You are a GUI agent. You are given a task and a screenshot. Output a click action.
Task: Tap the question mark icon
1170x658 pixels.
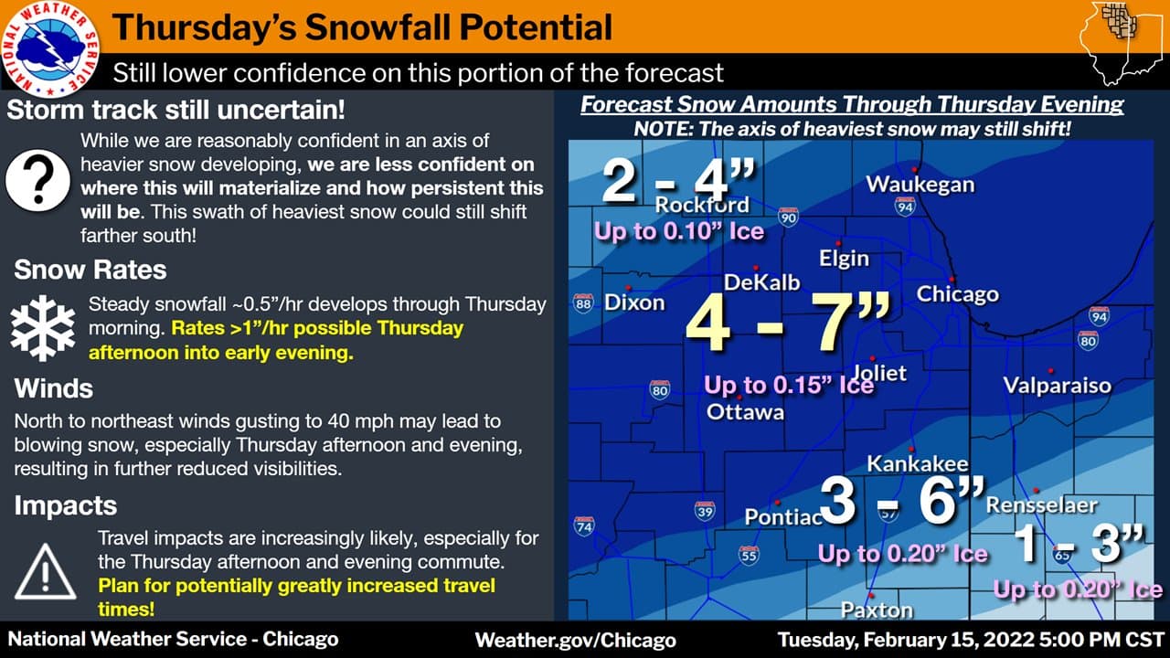pyautogui.click(x=37, y=178)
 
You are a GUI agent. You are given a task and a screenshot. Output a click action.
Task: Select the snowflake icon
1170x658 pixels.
pyautogui.click(x=43, y=327)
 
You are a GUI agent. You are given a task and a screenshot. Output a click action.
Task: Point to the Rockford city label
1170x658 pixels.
pyautogui.click(x=701, y=204)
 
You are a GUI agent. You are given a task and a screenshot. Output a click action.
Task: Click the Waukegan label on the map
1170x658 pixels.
pyautogui.click(x=920, y=184)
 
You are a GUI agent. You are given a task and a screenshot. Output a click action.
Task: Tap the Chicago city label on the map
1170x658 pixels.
pyautogui.click(x=957, y=294)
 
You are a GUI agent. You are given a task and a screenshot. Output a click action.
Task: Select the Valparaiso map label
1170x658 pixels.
pyautogui.click(x=1057, y=385)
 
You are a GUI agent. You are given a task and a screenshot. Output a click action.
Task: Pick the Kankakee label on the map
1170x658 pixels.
pyautogui.click(x=917, y=463)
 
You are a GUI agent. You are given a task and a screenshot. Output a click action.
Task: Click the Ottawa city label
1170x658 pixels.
pyautogui.click(x=745, y=412)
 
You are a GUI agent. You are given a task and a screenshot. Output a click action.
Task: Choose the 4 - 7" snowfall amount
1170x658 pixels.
pyautogui.click(x=787, y=324)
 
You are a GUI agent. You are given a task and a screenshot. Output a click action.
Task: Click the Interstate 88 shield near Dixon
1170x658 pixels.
pyautogui.click(x=584, y=303)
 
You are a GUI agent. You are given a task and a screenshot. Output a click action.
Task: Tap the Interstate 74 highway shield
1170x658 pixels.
pyautogui.click(x=584, y=526)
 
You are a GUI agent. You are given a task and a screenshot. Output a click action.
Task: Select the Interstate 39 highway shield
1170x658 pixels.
pyautogui.click(x=704, y=511)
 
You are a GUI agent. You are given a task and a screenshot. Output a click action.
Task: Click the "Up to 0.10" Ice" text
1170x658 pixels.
pyautogui.click(x=678, y=231)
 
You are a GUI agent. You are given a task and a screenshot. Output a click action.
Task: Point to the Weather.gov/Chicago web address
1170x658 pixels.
pyautogui.click(x=575, y=640)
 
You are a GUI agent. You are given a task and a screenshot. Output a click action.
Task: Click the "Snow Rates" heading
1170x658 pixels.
pyautogui.click(x=90, y=270)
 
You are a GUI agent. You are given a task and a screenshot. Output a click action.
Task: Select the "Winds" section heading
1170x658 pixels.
pyautogui.click(x=53, y=388)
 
